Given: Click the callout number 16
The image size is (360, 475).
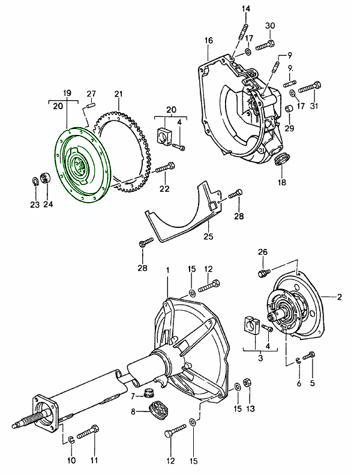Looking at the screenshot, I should pos(208,40).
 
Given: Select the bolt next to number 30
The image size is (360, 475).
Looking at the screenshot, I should pos(265,46).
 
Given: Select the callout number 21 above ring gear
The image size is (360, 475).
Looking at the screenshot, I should pos(118,94).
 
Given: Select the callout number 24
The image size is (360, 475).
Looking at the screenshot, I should pos(47,205).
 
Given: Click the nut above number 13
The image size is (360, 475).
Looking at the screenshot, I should pos(247,383).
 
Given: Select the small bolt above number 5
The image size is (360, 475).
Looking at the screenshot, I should pos(310,355).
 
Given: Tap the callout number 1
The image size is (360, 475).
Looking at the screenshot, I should pos(167,271).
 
